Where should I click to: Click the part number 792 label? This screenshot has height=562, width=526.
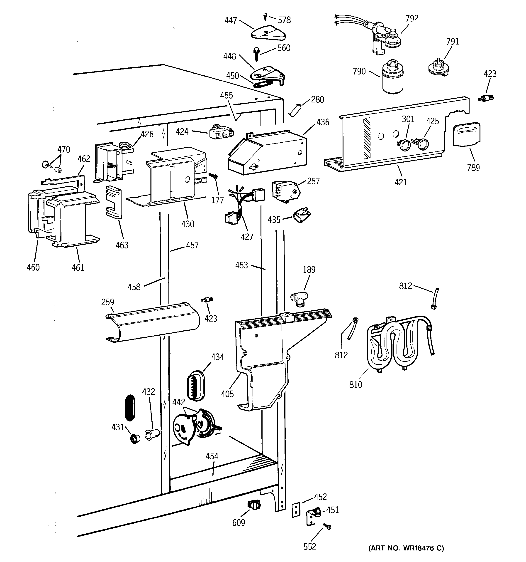(412, 18)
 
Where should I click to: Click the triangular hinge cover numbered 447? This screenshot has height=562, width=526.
(268, 35)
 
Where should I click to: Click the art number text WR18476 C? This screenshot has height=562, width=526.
(406, 548)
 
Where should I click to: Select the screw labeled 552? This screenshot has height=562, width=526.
(328, 527)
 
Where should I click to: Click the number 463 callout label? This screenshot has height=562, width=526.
(122, 245)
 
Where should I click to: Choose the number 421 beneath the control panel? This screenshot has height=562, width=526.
(401, 182)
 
